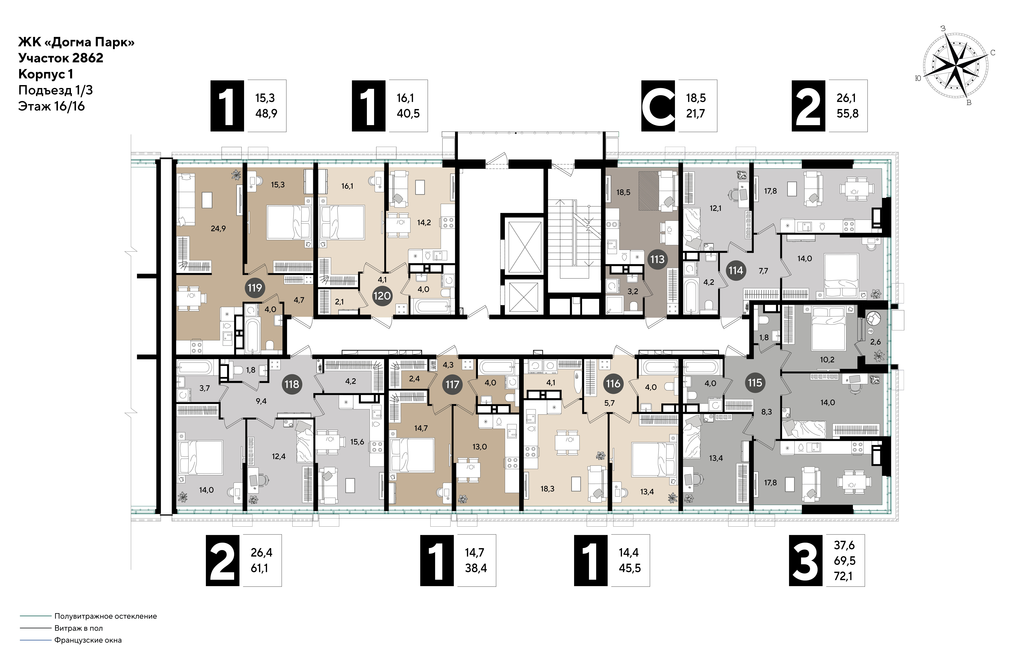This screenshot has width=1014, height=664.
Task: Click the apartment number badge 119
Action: click(255, 288)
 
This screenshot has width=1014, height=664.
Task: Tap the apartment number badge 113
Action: click(657, 259)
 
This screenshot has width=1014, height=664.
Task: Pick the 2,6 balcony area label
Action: click(875, 342)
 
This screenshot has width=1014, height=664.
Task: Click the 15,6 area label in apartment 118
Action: click(357, 442)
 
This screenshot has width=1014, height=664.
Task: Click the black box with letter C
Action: click(658, 106)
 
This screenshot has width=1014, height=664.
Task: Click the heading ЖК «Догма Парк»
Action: click(76, 42)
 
